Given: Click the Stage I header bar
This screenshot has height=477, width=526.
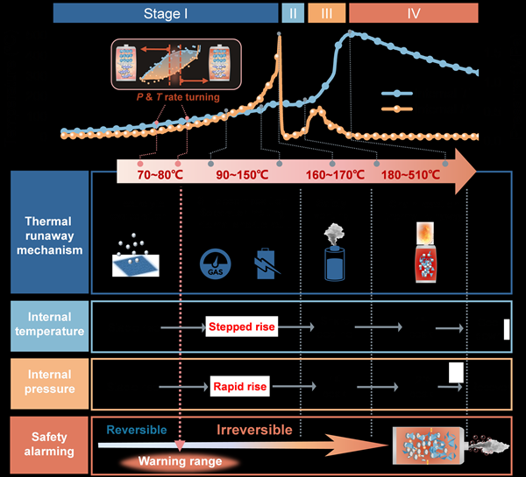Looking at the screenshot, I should (x=165, y=13).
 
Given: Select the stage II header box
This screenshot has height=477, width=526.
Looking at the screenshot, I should (x=292, y=13).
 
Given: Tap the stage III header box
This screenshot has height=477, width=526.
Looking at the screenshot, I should (x=326, y=13).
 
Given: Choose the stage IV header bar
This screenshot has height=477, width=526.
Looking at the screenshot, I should (x=414, y=13).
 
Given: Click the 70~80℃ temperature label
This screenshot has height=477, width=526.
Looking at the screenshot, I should (x=160, y=175).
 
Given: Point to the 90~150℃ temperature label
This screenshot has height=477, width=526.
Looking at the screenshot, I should (x=242, y=175).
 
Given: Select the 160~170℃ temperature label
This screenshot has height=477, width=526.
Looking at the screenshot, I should (x=336, y=175).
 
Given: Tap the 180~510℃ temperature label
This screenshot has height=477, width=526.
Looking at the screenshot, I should (x=411, y=175).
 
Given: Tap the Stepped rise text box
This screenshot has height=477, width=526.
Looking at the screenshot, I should (x=241, y=327).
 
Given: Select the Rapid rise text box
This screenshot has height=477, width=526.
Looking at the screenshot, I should (x=239, y=384).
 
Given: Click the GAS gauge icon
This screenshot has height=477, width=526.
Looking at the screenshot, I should (x=213, y=264).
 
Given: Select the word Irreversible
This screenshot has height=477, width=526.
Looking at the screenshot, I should (x=253, y=431).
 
